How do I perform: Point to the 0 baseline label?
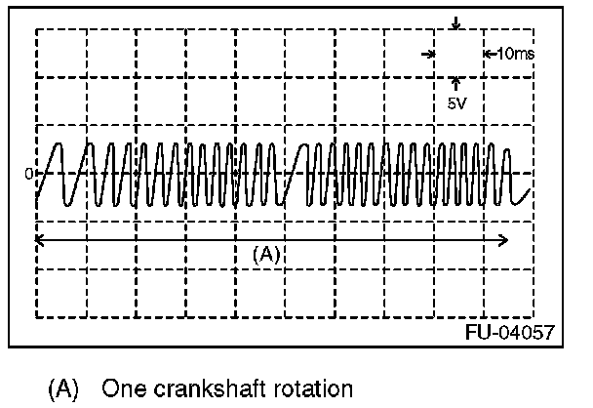click(28, 174)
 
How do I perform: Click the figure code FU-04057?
click(510, 333)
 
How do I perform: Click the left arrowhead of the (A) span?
click(39, 237)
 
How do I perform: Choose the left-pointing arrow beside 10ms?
click(488, 54)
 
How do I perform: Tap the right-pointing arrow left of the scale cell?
click(426, 54)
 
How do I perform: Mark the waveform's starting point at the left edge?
click(37, 199)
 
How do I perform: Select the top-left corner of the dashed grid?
click(36, 29)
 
